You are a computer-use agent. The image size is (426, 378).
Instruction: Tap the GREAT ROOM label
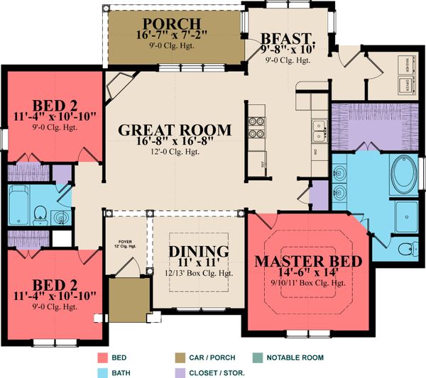tap(175, 130)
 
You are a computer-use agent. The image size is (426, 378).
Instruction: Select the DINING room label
tap(199, 252)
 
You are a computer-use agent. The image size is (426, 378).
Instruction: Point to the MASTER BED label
tap(308, 260)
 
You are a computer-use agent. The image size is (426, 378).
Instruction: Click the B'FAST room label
tap(288, 37)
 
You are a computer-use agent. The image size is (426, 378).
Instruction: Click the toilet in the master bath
tap(406, 249)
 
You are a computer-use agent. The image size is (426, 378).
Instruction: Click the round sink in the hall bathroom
tap(61, 217)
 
